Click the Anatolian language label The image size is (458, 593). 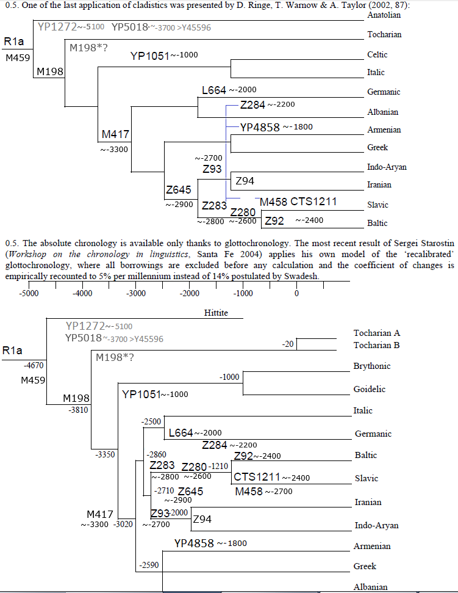384,15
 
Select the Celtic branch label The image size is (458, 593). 377,54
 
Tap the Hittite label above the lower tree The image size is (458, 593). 216,313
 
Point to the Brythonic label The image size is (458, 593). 372,366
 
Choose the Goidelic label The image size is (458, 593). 370,389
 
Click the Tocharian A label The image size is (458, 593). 376,333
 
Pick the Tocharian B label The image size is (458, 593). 376,345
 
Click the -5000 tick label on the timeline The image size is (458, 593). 29,293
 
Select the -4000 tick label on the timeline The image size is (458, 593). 82,293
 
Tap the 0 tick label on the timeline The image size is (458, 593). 296,293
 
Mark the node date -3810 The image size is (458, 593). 79,410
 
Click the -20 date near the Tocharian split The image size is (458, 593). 288,344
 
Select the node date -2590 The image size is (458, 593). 149,566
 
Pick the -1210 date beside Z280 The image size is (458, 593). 218,467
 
